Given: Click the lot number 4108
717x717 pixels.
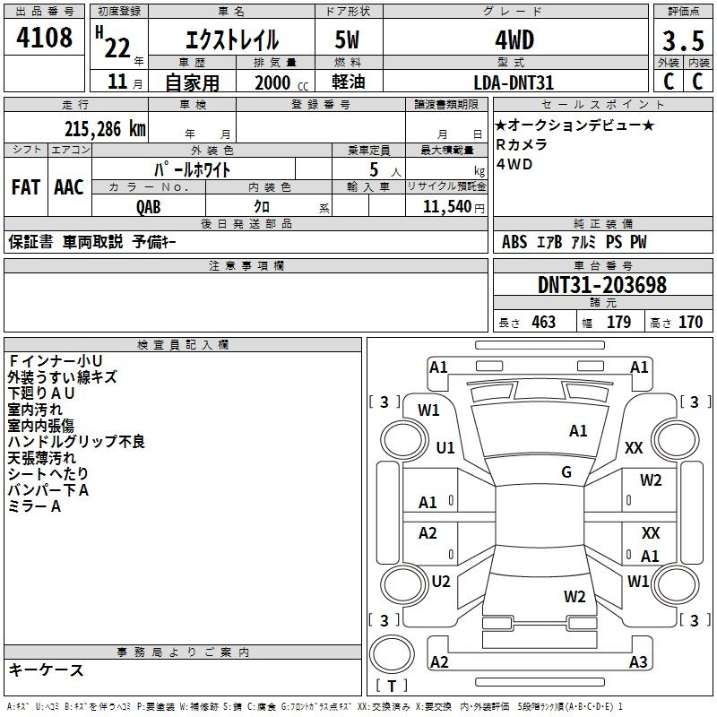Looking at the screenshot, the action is point(44,38).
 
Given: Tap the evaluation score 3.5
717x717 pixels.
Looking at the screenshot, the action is point(683,41).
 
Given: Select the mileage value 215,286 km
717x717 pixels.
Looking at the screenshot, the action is point(105,129).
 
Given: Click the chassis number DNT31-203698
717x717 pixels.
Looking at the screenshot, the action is point(602,285).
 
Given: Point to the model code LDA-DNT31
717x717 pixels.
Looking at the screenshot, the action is point(514,82).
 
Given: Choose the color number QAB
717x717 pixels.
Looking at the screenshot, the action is point(149,207).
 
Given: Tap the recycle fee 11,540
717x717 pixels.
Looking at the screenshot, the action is point(447,207).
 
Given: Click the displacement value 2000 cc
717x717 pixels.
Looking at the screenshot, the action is point(281,82).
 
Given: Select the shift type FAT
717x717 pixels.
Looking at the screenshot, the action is point(26,187).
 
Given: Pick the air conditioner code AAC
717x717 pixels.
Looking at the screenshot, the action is point(69,187).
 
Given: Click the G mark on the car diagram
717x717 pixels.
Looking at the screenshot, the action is point(566,472).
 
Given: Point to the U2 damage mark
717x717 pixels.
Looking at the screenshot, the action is point(441,581).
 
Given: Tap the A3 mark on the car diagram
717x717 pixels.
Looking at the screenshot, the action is point(638,661).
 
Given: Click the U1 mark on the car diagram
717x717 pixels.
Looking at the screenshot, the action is point(445,447).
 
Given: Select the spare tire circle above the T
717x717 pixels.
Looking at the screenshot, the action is point(392,654).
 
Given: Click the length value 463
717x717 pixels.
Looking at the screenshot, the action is point(544,323).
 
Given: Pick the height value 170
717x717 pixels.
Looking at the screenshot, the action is point(690,323).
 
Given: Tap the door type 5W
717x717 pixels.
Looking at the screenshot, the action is point(347,39).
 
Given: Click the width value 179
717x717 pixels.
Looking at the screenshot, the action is point(618,323).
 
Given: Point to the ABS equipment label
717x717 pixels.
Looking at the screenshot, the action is point(514,242).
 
